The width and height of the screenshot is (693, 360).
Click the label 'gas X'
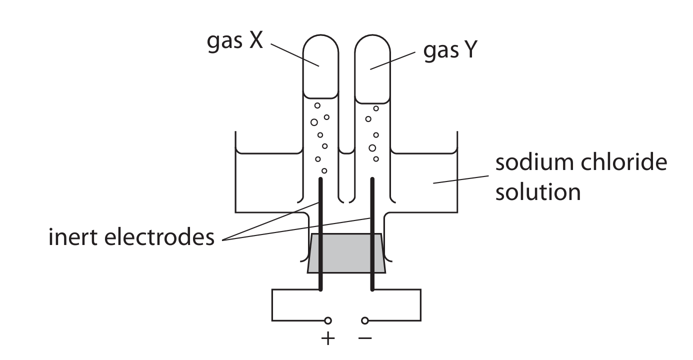click(x=234, y=43)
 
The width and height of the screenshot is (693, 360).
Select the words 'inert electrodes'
click(x=131, y=238)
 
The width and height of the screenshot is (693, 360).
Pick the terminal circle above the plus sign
click(x=328, y=320)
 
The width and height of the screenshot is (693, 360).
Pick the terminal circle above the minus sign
click(x=365, y=320)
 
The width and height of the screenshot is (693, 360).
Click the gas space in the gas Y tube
click(x=372, y=70)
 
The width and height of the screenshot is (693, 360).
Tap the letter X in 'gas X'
click(x=255, y=43)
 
